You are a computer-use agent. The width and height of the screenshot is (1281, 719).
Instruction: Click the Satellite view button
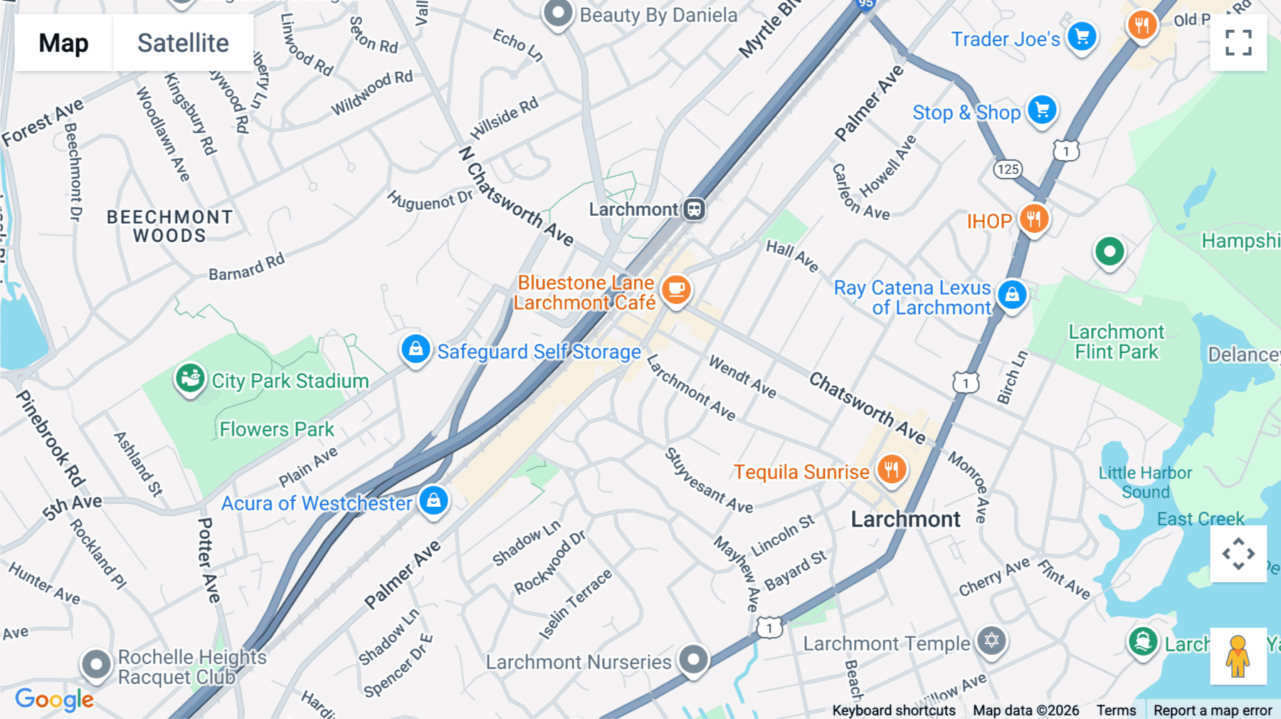coord(183,43)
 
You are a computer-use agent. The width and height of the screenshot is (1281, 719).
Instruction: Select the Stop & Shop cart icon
coord(1043,110)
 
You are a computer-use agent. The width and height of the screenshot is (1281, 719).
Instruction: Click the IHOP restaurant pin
coord(1034,219)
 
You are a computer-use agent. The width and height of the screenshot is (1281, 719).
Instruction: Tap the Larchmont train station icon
coord(695,209)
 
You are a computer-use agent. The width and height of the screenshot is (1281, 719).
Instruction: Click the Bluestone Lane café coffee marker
coord(676,290)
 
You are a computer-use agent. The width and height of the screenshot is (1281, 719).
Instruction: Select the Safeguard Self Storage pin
coord(416,349)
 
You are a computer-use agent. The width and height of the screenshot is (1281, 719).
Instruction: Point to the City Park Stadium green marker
coord(190,378)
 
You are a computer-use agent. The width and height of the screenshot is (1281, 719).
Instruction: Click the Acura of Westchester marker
coord(433,500)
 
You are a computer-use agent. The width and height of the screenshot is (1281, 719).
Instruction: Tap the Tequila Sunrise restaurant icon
coord(891,469)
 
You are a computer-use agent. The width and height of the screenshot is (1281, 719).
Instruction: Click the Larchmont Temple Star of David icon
coord(991,641)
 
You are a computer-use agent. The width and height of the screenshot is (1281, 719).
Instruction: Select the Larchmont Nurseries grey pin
coord(693,659)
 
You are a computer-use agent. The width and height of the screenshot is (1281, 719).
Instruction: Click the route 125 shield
coord(1008,169)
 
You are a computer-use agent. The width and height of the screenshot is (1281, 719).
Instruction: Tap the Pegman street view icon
coord(1238,656)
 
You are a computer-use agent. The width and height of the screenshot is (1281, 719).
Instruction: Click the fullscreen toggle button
coord(1238,43)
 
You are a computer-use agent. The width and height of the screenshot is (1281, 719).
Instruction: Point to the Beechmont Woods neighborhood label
coord(169,226)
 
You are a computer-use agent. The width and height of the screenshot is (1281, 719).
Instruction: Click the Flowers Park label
coord(277,429)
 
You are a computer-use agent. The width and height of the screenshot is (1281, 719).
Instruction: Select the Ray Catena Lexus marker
coord(1012,293)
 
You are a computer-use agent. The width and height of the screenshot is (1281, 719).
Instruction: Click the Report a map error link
coord(1213,710)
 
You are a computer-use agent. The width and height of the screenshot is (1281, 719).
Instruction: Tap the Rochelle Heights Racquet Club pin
coord(96,665)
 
